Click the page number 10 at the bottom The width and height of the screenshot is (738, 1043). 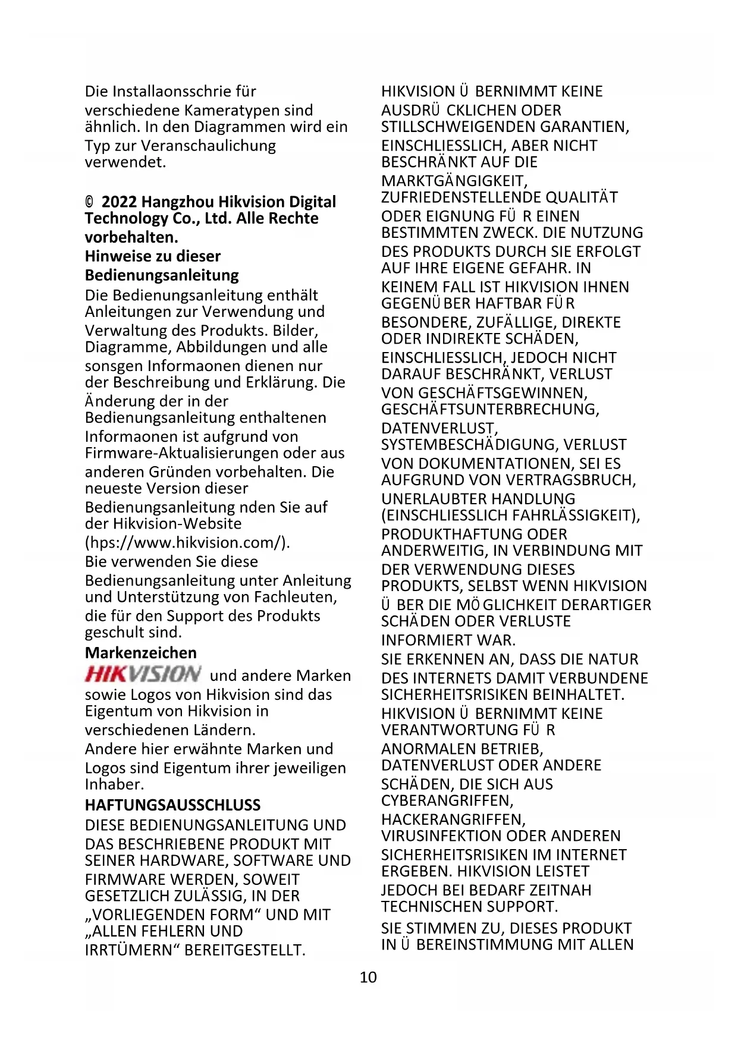pyautogui.click(x=368, y=977)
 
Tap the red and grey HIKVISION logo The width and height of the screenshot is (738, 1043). pyautogui.click(x=143, y=674)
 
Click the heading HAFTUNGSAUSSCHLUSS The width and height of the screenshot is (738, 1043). pyautogui.click(x=172, y=805)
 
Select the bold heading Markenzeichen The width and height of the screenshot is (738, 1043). pyautogui.click(x=140, y=653)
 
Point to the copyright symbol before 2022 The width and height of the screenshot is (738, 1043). pyautogui.click(x=89, y=202)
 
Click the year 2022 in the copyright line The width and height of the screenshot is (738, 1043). pyautogui.click(x=119, y=202)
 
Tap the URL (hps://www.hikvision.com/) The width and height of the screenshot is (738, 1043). pyautogui.click(x=187, y=542)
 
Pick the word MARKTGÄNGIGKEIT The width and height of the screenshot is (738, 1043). pyautogui.click(x=453, y=181)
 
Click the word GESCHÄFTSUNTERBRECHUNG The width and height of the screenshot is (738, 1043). pyautogui.click(x=489, y=410)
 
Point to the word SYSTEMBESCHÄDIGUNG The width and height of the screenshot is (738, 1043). pyautogui.click(x=470, y=445)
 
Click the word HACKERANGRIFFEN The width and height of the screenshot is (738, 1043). pyautogui.click(x=452, y=819)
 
